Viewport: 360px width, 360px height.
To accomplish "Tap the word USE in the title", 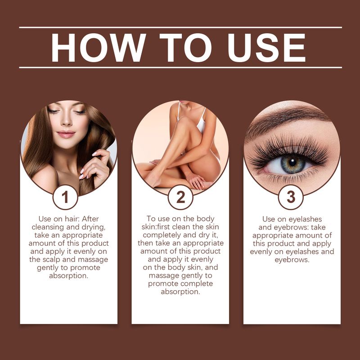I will click(261, 47).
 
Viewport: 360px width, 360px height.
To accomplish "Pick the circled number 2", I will click(180, 198).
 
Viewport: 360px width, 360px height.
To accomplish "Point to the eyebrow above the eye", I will click(288, 118).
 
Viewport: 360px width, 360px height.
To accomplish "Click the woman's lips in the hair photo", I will click(66, 134).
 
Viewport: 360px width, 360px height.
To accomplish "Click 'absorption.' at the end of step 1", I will click(68, 276).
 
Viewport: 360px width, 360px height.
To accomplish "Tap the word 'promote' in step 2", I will click(165, 284).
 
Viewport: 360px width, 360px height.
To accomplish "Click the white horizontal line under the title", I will click(180, 67).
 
